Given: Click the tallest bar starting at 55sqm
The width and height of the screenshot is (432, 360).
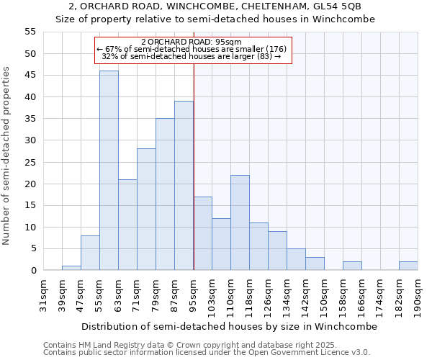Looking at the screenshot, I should (x=109, y=171).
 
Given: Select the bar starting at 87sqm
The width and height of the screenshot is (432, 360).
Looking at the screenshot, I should (x=184, y=186).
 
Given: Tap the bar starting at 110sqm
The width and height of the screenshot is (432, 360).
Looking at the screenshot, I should (x=240, y=222).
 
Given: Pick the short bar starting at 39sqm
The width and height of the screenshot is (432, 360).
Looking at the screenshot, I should (x=71, y=268).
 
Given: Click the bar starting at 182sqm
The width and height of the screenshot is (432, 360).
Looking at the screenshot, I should (x=408, y=266).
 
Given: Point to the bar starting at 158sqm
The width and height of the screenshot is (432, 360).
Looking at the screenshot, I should (x=352, y=266).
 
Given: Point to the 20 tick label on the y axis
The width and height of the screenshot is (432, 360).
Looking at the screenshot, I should (x=30, y=184).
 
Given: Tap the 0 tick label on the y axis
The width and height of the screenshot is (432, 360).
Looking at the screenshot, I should (x=32, y=271).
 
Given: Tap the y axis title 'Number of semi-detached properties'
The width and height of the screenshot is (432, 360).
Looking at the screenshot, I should (x=6, y=156).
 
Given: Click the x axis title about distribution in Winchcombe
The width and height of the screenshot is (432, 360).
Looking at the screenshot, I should (x=229, y=326).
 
